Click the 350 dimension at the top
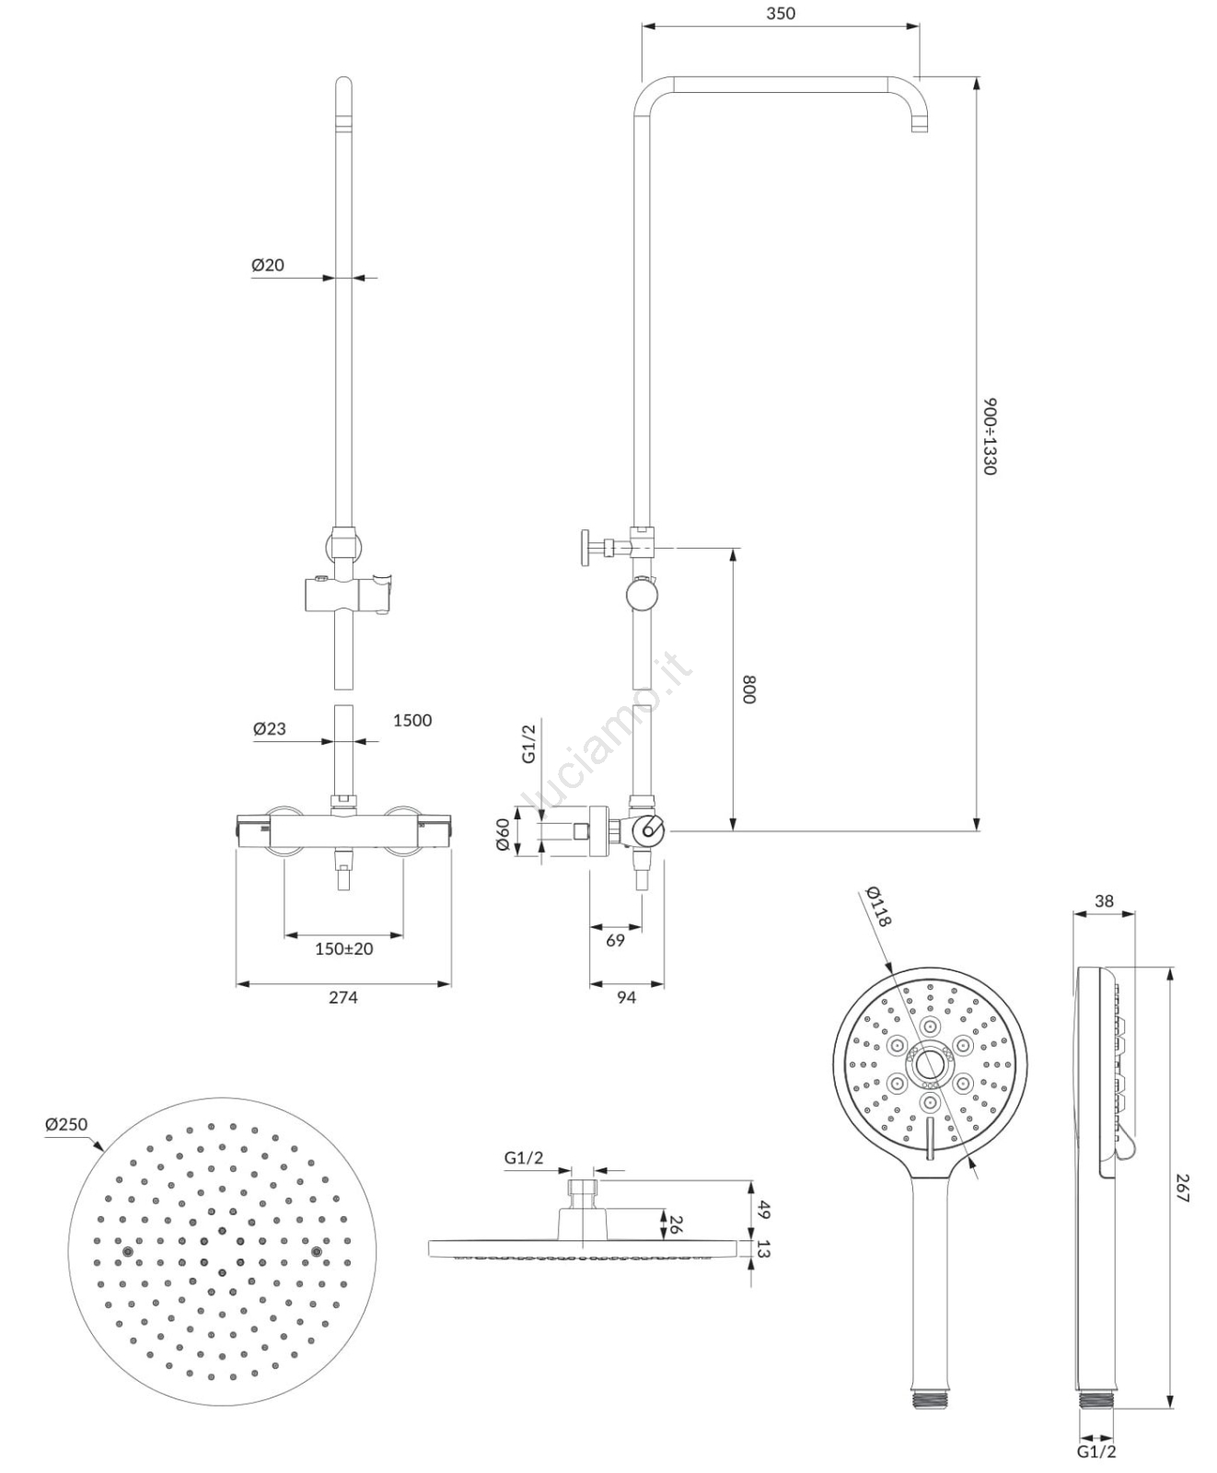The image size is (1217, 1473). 780,14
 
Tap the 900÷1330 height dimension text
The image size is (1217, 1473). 990,436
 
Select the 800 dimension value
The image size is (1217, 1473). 748,690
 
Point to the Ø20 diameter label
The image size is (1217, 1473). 268,265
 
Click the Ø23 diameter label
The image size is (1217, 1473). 270,729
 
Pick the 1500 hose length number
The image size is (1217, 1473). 412,721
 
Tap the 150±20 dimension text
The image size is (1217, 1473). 344,949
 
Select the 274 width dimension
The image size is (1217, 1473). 343,997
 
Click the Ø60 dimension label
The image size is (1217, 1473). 504,835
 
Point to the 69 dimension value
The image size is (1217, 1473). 616,940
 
